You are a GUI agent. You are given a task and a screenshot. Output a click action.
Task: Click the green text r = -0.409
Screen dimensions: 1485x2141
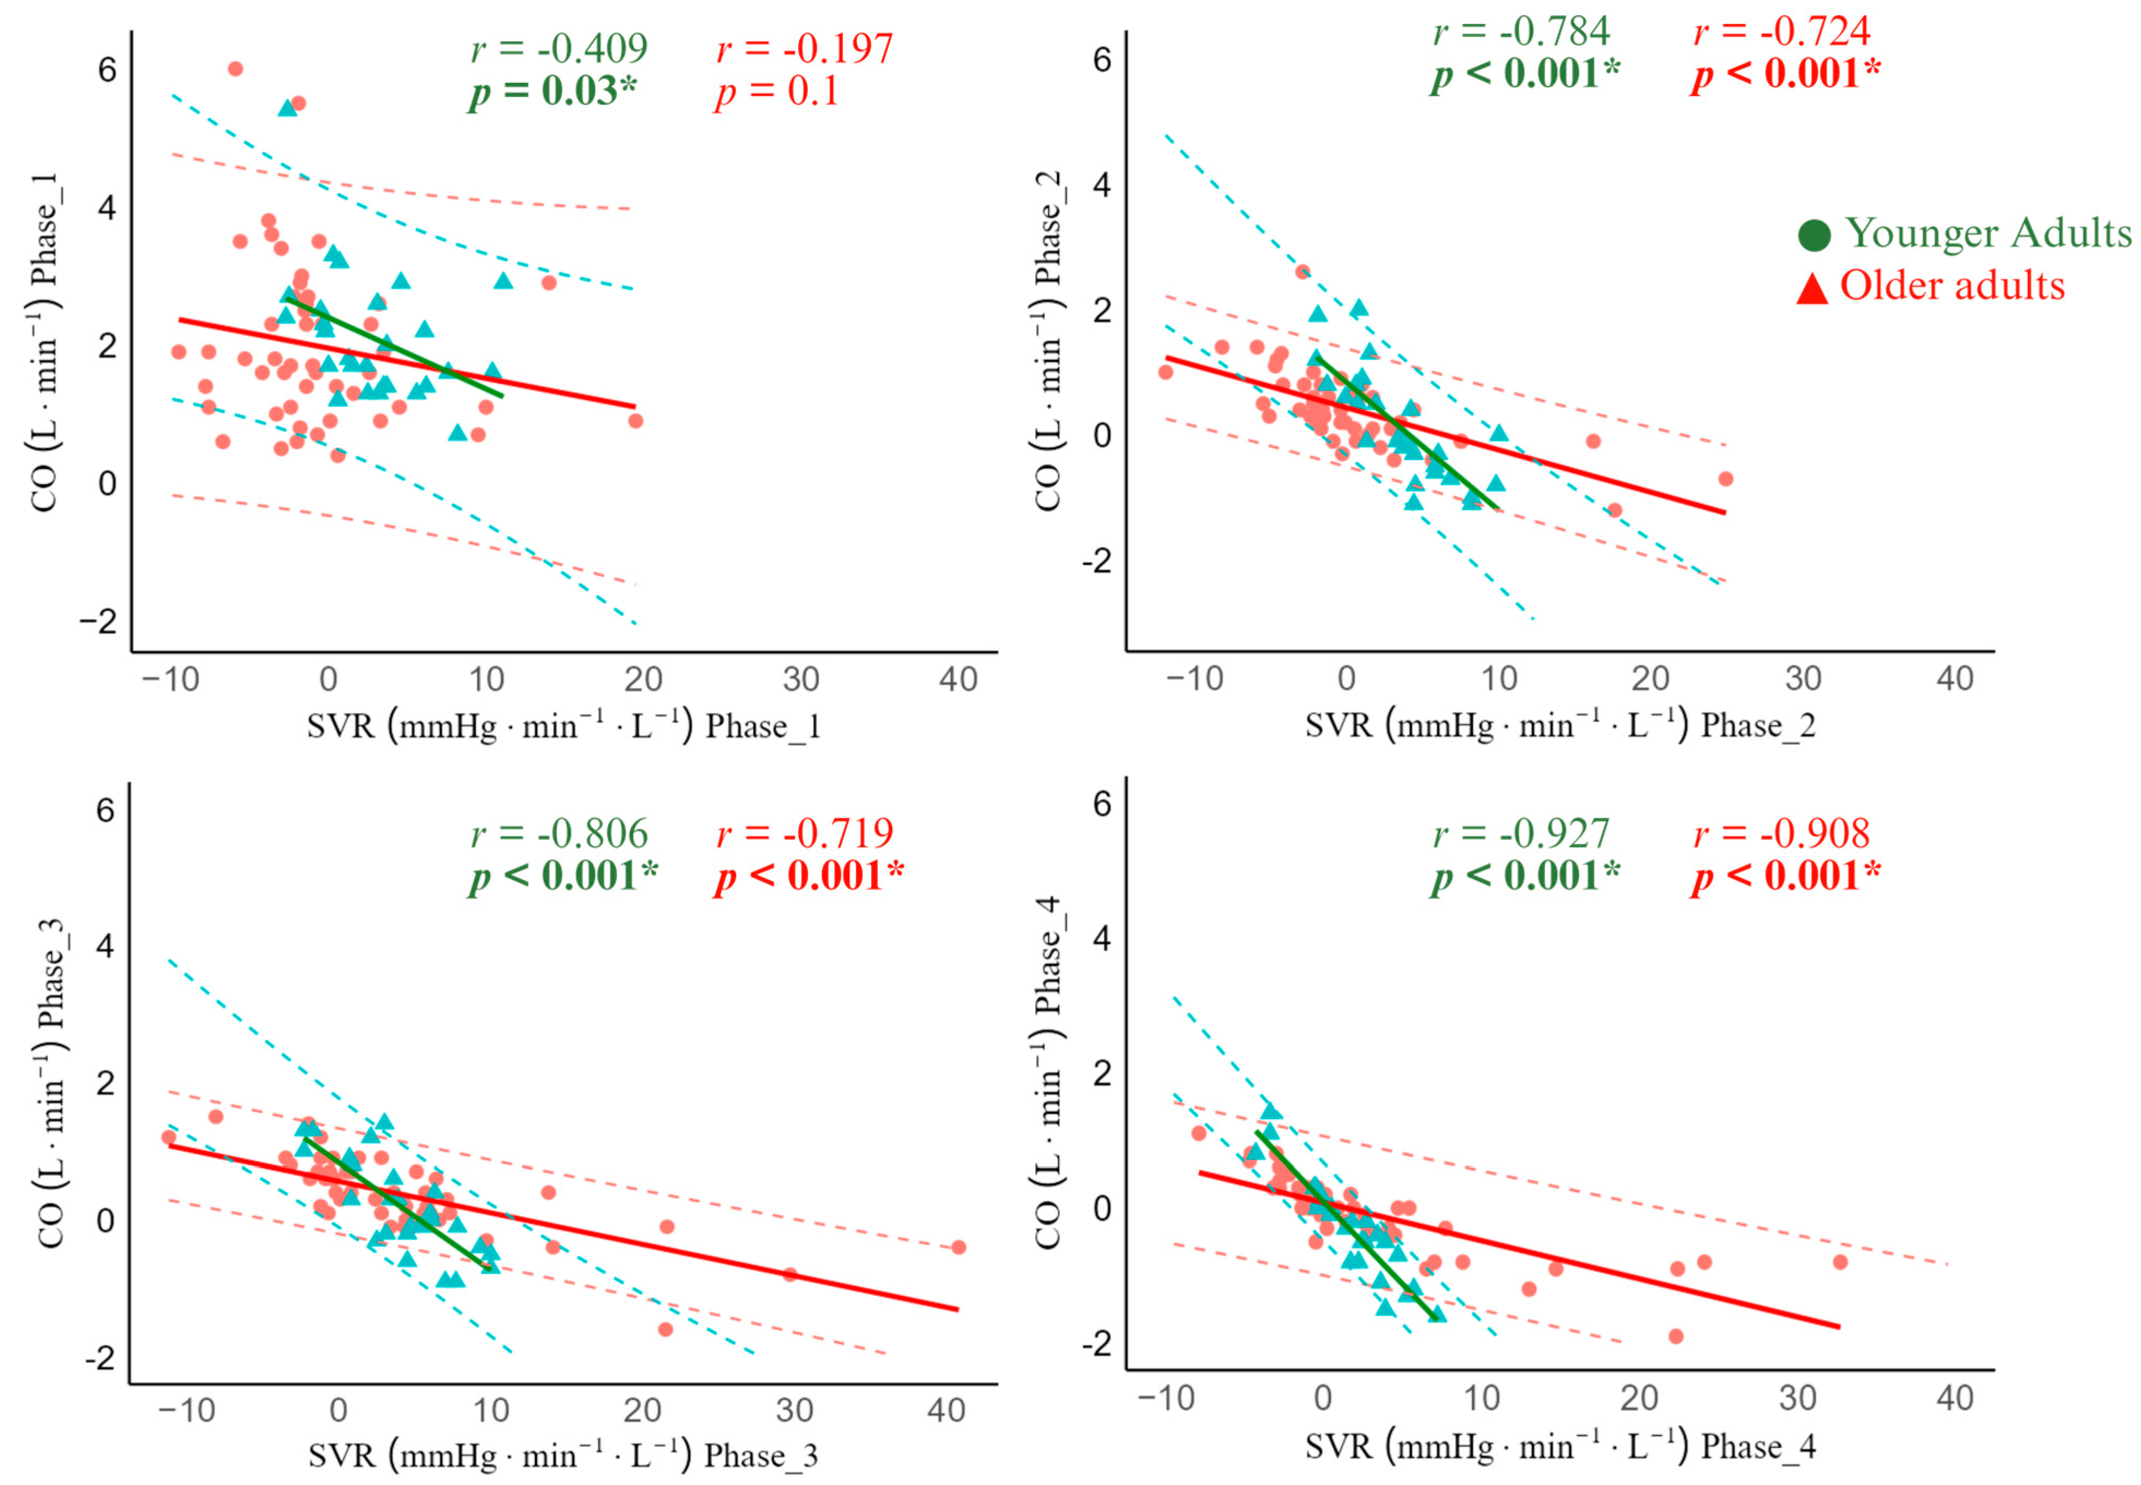[x=559, y=49]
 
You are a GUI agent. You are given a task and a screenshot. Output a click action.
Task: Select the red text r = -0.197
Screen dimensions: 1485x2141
[x=805, y=49]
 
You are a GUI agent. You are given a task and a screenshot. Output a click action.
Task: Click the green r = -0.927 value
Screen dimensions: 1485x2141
[x=1520, y=833]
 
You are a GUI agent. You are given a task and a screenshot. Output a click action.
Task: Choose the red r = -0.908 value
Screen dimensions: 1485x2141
[x=1781, y=833]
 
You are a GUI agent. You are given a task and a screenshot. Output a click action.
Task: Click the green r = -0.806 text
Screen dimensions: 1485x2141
[x=559, y=833]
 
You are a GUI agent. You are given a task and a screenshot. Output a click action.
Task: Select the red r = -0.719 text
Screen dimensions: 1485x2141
[x=805, y=833]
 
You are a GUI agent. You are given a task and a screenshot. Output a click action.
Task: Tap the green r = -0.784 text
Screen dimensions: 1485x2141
[x=1520, y=31]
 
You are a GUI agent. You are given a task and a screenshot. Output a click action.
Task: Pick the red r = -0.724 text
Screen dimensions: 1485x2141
[x=1781, y=31]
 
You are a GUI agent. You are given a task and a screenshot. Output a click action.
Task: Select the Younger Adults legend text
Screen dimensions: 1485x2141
[x=1988, y=232]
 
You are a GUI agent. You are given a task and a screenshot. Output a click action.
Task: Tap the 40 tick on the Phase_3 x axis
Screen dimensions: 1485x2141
[x=945, y=1411]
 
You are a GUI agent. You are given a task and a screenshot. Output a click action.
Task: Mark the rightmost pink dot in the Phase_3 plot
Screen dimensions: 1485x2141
[x=959, y=1247]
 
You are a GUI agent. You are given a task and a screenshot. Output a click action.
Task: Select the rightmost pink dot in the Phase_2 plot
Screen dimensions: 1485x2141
[x=1725, y=478]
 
